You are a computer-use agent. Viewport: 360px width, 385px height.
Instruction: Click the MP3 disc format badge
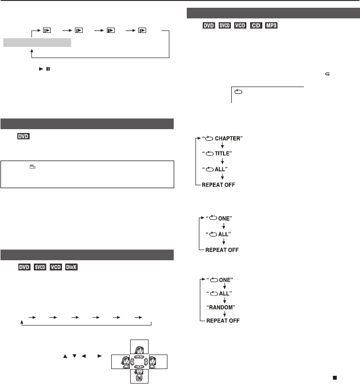tap(271, 26)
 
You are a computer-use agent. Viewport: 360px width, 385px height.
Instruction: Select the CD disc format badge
tap(256, 26)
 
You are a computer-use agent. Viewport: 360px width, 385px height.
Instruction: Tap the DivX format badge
tap(71, 267)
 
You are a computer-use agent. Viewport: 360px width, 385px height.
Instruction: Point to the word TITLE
tap(222, 154)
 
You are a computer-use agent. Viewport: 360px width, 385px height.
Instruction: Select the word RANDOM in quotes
tap(221, 308)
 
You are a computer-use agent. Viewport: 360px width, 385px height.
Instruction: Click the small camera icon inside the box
tap(32, 167)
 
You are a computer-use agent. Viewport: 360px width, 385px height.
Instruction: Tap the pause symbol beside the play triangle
tap(48, 69)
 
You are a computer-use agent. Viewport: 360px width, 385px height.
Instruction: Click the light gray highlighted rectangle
tap(37, 43)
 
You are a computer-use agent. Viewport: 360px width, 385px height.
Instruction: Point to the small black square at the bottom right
tap(335, 378)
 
